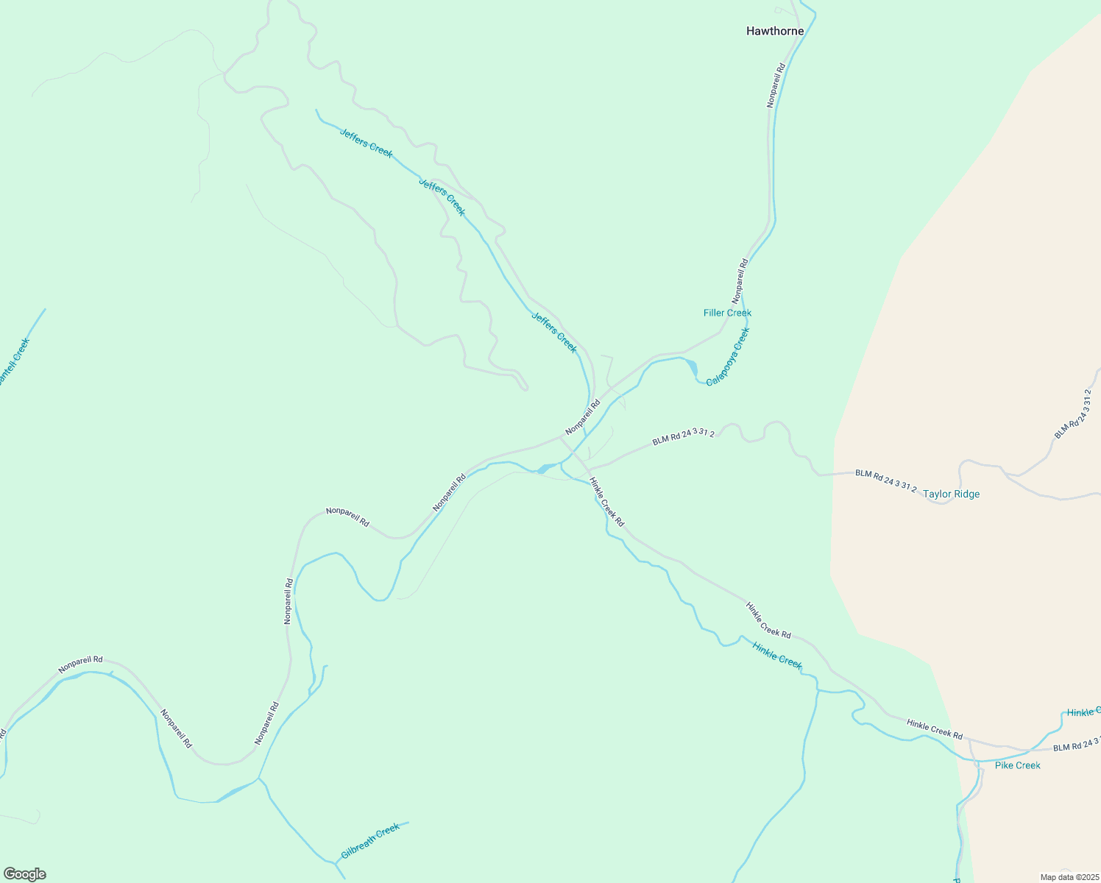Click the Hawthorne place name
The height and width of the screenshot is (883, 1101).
click(774, 32)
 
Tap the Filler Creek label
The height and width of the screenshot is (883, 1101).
click(727, 313)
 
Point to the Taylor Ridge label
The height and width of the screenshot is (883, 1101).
click(952, 494)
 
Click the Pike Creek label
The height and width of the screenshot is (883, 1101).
click(1017, 765)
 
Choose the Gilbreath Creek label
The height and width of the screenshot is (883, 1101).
click(370, 841)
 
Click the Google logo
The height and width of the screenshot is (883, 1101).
click(24, 874)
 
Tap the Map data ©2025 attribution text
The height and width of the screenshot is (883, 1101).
click(1069, 877)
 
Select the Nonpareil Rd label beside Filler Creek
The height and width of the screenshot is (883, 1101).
click(740, 281)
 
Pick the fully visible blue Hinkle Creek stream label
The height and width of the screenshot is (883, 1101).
click(777, 655)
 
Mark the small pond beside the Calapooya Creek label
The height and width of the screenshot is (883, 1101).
click(691, 366)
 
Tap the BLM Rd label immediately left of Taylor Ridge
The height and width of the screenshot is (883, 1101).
click(885, 481)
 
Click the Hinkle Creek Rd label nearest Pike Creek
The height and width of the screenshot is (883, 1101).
click(934, 729)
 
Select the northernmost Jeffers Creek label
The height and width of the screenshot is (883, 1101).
click(366, 143)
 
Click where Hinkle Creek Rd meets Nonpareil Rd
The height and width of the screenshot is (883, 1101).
click(562, 438)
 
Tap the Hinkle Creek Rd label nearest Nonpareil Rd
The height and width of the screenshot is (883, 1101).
click(606, 503)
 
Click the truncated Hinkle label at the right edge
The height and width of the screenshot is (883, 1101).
click(1083, 712)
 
